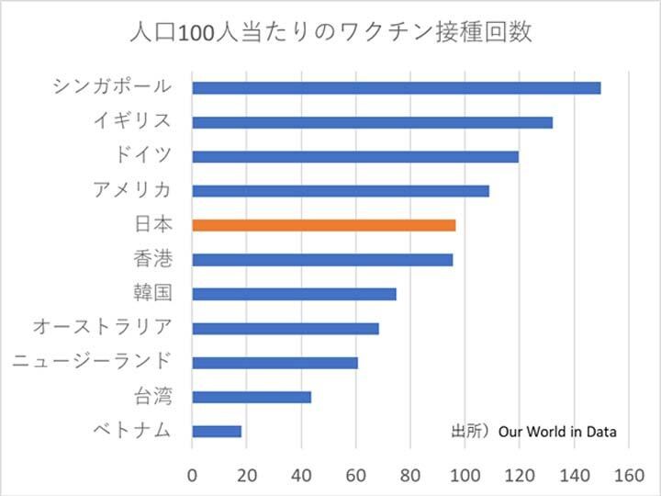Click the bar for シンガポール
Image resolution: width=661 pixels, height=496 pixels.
(396, 88)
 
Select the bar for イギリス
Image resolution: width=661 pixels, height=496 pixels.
(372, 122)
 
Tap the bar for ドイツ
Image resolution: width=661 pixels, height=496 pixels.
(355, 156)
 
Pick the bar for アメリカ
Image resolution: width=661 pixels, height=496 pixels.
(341, 191)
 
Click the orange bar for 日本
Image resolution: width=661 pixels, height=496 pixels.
(323, 225)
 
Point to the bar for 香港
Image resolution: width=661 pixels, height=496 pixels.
(322, 260)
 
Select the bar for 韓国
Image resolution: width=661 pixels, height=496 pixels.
(294, 294)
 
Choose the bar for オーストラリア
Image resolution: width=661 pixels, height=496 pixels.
(285, 328)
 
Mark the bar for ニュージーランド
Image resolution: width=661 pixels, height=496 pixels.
(274, 363)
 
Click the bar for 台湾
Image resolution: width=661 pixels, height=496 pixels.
(252, 397)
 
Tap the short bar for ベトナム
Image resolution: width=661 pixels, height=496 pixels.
(217, 431)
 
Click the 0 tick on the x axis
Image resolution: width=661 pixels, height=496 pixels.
(192, 475)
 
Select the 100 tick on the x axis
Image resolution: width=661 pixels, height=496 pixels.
(465, 475)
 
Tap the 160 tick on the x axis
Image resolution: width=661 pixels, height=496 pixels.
(628, 475)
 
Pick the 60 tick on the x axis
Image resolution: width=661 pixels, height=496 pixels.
(355, 475)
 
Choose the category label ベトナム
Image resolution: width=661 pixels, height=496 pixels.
(132, 431)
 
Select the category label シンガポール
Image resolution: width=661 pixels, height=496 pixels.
(112, 87)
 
